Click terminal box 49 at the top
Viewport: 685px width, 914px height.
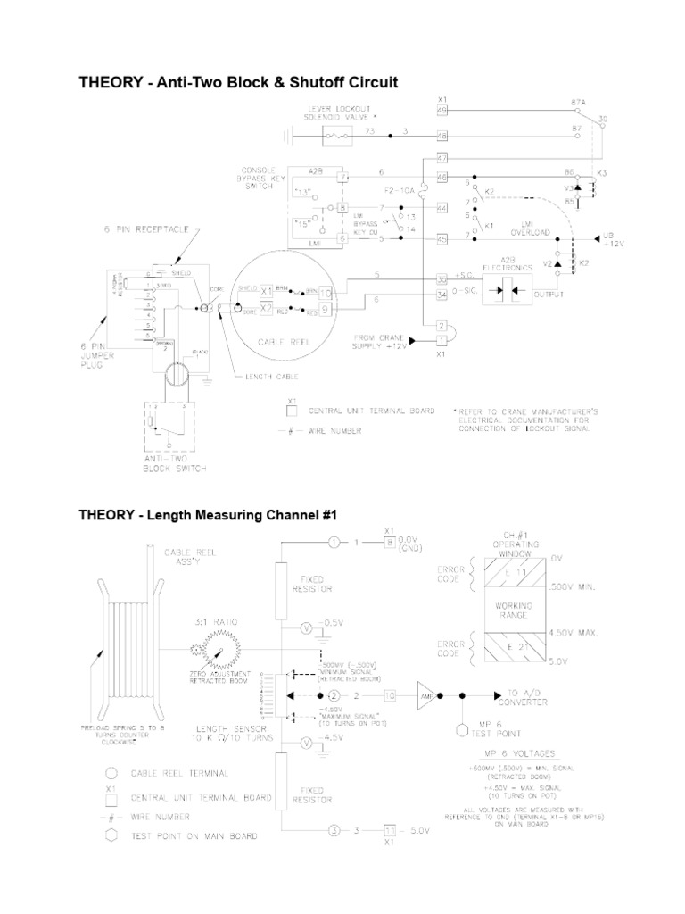442,111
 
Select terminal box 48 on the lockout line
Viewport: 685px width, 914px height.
442,137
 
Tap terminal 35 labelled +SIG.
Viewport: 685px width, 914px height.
442,278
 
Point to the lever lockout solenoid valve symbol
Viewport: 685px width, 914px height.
336,137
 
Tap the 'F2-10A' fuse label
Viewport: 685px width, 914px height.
400,190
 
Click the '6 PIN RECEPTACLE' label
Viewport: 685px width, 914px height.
149,230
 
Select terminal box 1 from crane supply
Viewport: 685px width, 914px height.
442,340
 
